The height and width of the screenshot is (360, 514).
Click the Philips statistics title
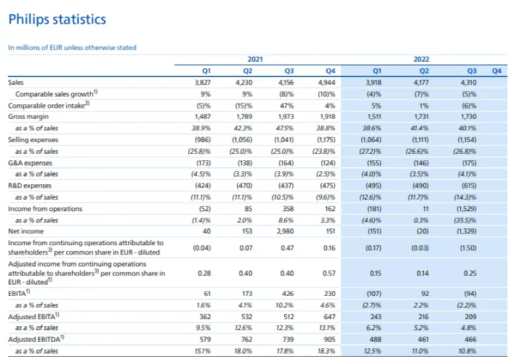(x=57, y=19)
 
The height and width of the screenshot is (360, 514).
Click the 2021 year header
(x=255, y=59)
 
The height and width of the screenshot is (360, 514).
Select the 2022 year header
(x=421, y=59)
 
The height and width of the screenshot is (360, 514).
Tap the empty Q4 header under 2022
(x=496, y=71)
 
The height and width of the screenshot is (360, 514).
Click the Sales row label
(x=16, y=82)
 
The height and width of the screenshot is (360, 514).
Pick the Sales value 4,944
(x=327, y=82)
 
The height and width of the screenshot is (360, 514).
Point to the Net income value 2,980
(x=285, y=232)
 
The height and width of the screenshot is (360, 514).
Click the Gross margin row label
(x=28, y=117)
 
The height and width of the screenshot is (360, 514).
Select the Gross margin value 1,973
(x=286, y=117)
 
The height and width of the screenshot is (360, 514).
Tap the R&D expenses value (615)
(x=469, y=186)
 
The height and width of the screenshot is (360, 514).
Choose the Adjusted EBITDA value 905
(x=330, y=339)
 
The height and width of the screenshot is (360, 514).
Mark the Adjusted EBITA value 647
(x=330, y=317)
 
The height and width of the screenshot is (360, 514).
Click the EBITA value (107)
(x=374, y=293)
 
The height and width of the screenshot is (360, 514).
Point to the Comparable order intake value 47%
(x=287, y=106)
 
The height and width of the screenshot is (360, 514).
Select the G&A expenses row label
(x=30, y=163)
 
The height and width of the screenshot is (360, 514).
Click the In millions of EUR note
(x=72, y=47)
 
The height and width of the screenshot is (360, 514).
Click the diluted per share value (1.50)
(x=468, y=248)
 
